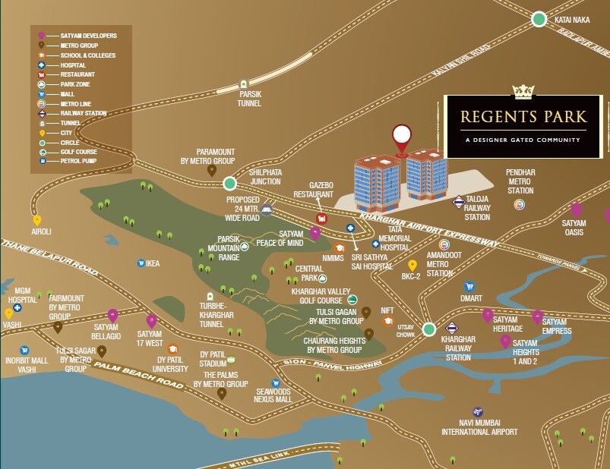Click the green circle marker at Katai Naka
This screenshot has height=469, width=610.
pos(539,20)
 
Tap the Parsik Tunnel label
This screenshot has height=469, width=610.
pos(250,99)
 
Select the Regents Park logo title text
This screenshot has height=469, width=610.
pos(523,118)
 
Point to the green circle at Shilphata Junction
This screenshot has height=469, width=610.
pos(230,183)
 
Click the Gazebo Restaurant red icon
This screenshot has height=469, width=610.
pos(321,219)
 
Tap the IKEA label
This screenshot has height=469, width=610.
pos(153,263)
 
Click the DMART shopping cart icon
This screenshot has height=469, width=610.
pos(469,287)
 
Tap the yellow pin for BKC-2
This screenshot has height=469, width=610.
pos(412,265)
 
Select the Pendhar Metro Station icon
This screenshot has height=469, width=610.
pos(520,204)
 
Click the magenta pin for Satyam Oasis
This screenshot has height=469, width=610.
pos(576,209)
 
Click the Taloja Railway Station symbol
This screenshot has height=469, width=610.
pos(459,202)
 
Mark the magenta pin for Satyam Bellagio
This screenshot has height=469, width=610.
pos(113,315)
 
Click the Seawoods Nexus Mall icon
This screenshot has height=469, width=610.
pos(275,383)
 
